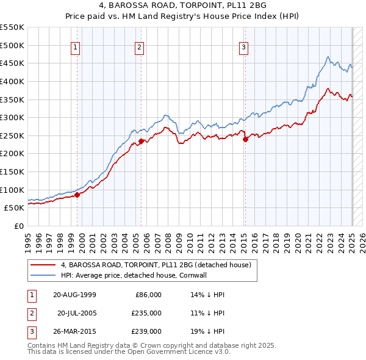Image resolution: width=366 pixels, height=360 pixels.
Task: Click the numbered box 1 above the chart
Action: [x=75, y=47]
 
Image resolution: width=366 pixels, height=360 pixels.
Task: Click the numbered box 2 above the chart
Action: [x=139, y=47]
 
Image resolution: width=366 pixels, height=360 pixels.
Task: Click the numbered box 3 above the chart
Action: [x=243, y=47]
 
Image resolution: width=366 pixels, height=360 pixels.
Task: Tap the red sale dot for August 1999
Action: [x=77, y=195]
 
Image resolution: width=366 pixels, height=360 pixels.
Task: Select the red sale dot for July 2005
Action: [x=141, y=141]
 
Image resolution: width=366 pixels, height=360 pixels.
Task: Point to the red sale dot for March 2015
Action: [x=245, y=139]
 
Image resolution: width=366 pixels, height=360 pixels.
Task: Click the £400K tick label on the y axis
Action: [x=12, y=81]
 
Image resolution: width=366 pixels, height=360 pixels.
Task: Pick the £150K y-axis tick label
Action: [x=12, y=171]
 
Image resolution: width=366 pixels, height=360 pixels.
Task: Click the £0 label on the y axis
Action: [x=18, y=226]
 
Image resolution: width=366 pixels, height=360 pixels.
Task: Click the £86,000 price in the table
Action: [x=148, y=295]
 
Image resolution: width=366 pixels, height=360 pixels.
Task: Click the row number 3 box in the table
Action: [x=30, y=331]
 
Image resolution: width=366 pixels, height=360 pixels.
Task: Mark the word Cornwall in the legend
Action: [x=211, y=275]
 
